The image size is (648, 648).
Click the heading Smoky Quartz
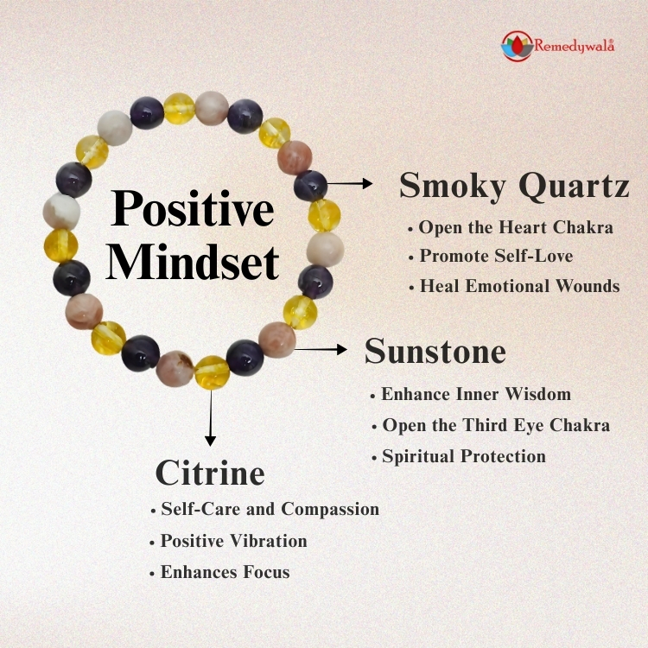coord(514,185)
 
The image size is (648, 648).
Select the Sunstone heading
coord(435,352)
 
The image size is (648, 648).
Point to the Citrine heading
coord(210,473)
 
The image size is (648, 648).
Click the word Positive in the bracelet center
coord(193,211)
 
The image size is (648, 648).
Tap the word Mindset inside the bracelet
coord(193,262)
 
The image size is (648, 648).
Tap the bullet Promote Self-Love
coord(496,256)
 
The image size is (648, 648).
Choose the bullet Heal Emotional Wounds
coord(519,286)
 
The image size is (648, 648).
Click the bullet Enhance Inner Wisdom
coord(476,394)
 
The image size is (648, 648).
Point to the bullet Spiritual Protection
coord(464,456)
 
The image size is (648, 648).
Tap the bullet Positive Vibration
coord(233,541)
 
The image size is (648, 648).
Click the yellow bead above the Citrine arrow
coord(212,372)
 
